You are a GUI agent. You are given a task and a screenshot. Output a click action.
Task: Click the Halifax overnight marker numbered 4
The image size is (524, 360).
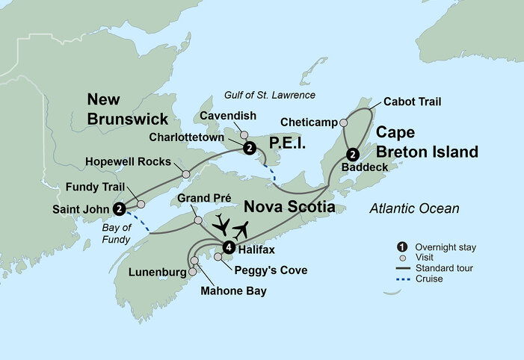[x=229, y=247]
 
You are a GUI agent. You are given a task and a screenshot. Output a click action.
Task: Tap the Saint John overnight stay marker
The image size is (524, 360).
[x=120, y=208]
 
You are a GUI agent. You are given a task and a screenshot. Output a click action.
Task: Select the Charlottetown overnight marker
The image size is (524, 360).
[x=248, y=148]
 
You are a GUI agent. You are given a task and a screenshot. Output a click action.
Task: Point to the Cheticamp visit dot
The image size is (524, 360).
[x=344, y=122]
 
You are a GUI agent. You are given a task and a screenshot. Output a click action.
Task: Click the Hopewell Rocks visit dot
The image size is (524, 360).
[x=185, y=174]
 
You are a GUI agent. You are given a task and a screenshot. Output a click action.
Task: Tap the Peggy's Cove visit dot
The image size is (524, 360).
[x=218, y=257]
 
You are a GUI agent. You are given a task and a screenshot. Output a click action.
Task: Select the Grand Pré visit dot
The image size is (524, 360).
[x=196, y=220]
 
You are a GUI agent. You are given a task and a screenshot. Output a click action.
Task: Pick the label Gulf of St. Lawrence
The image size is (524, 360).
[x=271, y=95]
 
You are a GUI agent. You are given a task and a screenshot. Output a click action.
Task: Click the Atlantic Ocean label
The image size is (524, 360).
[x=415, y=208]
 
